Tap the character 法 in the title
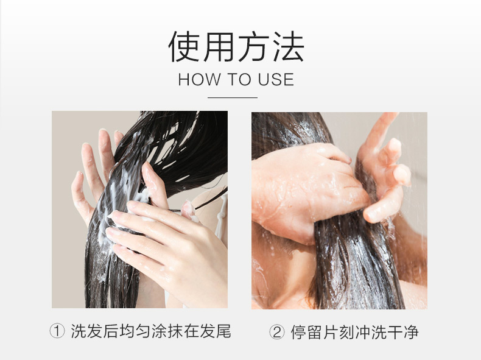coord(288,47)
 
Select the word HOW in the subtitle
coord(199,79)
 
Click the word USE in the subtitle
coord(276,79)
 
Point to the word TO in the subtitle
coord(239,79)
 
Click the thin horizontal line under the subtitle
coord(233,98)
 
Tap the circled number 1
coord(57,331)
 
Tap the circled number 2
coord(277,332)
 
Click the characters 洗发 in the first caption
coord(87,331)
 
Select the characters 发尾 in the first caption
coord(216,331)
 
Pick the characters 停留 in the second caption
coord(306,332)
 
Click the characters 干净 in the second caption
coord(403,332)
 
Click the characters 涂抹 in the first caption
coord(167,331)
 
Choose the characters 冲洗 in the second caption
coord(371,332)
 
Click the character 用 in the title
coord(219,47)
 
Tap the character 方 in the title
coord(253,47)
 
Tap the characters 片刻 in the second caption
coord(339,332)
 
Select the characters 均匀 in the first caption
coord(135,331)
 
